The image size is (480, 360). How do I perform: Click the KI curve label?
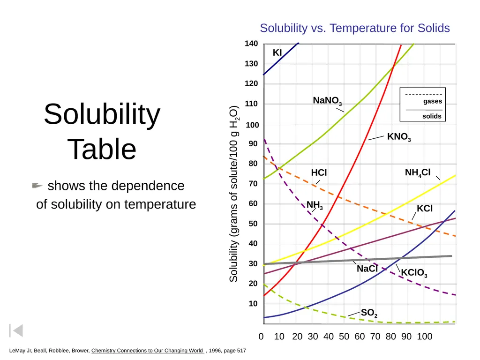[277, 52]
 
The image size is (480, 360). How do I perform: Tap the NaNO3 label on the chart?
[327, 101]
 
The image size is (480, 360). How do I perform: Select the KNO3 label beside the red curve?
[399, 137]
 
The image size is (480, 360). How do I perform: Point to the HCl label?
[319, 172]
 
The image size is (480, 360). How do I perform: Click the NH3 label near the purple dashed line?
[315, 205]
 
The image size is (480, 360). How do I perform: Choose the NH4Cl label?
[418, 173]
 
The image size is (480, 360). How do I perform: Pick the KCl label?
[425, 209]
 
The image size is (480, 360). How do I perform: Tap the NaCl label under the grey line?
[367, 269]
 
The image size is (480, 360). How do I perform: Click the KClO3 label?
[414, 273]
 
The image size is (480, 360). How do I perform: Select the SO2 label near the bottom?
[369, 313]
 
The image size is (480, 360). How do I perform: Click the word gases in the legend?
[433, 101]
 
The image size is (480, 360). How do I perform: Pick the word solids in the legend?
[432, 116]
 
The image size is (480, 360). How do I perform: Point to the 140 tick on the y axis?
[251, 44]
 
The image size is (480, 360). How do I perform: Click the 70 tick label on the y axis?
[253, 184]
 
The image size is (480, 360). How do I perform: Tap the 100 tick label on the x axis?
[425, 337]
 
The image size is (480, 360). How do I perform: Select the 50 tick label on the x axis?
[344, 337]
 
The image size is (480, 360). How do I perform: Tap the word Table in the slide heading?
[102, 149]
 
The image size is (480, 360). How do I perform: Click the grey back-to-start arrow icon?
[16, 330]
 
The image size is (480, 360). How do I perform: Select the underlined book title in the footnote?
[147, 351]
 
